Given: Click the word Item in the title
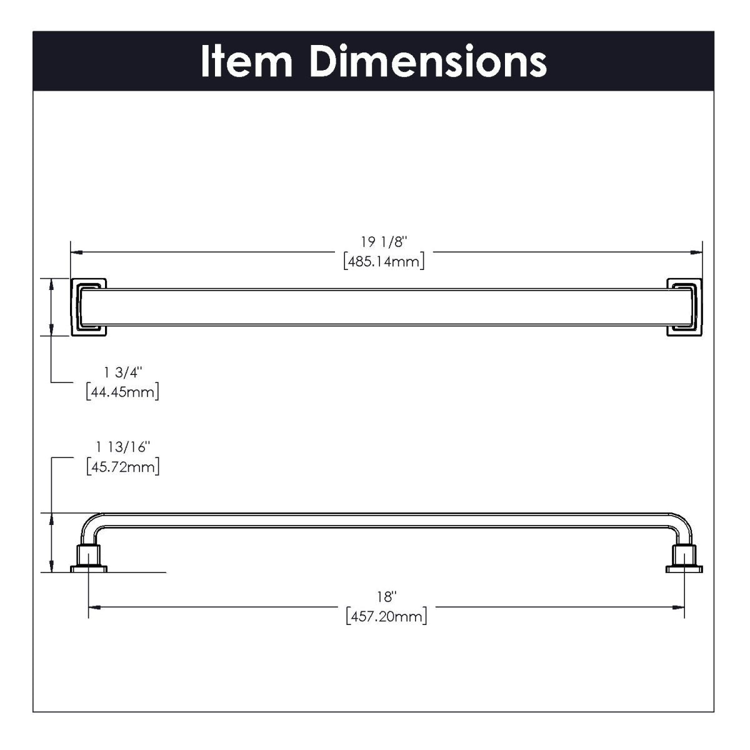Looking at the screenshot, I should coord(246,61).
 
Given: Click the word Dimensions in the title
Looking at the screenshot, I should coord(428,61).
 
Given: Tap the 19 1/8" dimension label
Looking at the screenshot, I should coord(384,242).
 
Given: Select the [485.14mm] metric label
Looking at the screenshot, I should coord(384,261).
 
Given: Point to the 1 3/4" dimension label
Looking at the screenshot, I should coord(123,372).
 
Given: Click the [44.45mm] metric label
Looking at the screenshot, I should coord(122,392).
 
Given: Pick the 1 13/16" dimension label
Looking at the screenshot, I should coord(123,447).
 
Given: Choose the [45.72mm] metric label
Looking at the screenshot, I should coord(122,467).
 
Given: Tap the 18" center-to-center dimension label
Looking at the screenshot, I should coord(387,597).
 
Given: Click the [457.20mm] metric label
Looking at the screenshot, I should coord(386,617).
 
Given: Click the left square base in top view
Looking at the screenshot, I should coord(89,306).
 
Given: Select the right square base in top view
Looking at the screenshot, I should coord(685,306).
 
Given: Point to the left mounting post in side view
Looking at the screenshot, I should coord(89,557).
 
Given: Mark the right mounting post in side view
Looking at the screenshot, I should coord(685,557).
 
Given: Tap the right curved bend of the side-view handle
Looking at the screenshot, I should coord(682,523).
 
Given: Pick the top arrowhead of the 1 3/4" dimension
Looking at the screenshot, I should coord(51,283).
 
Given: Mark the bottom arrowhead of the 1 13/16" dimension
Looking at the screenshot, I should coord(51,567).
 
